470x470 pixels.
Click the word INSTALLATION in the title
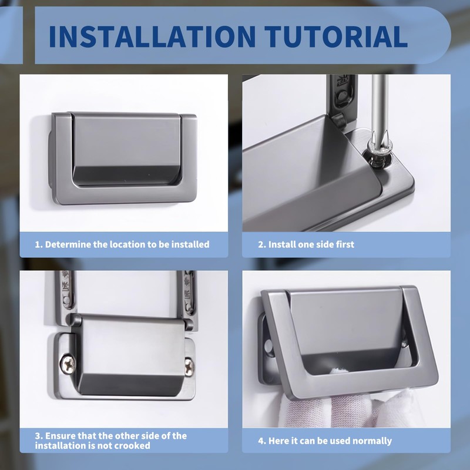[152, 36]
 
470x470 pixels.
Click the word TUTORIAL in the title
[335, 36]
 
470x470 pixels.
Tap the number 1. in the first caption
[39, 244]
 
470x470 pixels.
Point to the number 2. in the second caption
[262, 244]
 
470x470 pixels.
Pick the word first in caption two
[345, 244]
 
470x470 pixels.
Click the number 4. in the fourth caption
[262, 441]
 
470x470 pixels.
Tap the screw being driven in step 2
[379, 157]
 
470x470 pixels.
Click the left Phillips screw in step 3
[68, 364]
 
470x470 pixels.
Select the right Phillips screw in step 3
[189, 366]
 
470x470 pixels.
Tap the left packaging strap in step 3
[66, 292]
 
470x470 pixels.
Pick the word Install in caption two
[281, 244]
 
